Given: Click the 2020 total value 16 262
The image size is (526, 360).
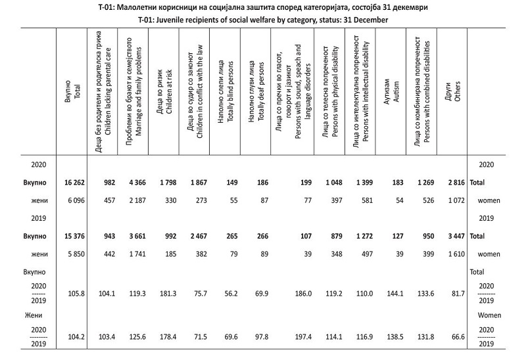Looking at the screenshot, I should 72,185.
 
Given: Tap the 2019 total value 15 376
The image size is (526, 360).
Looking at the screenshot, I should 72,235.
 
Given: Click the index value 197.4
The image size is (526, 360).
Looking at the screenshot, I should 298,335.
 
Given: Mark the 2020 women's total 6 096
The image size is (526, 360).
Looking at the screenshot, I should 74,201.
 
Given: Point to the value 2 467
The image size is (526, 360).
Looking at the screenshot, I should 197,235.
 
